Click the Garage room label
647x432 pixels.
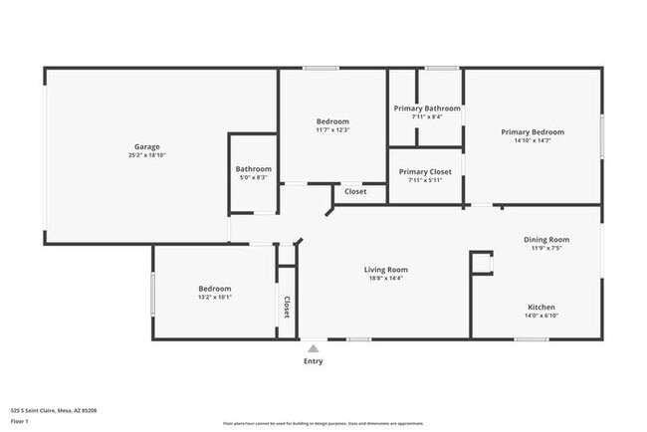(x=147, y=146)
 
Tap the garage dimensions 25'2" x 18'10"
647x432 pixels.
(x=147, y=155)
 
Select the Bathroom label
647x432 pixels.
(x=253, y=169)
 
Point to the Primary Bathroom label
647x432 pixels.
(x=427, y=108)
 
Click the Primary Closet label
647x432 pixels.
(x=425, y=171)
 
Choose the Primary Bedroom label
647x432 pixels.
(x=532, y=132)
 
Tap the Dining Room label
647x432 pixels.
(x=546, y=239)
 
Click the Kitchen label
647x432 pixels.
(x=540, y=307)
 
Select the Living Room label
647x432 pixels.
(x=385, y=269)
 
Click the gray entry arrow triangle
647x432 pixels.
(x=313, y=348)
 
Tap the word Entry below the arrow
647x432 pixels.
(x=313, y=361)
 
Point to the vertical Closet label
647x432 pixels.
(x=287, y=308)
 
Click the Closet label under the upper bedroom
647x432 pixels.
(x=355, y=191)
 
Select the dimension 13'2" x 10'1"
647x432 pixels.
(x=215, y=297)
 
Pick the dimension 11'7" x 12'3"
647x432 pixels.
(x=332, y=129)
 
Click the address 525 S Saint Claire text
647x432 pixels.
(x=54, y=409)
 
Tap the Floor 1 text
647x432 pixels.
(x=20, y=421)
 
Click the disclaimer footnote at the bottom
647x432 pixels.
(x=323, y=423)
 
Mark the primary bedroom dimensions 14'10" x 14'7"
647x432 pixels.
(x=532, y=140)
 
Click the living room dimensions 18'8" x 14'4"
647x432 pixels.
(x=385, y=278)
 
